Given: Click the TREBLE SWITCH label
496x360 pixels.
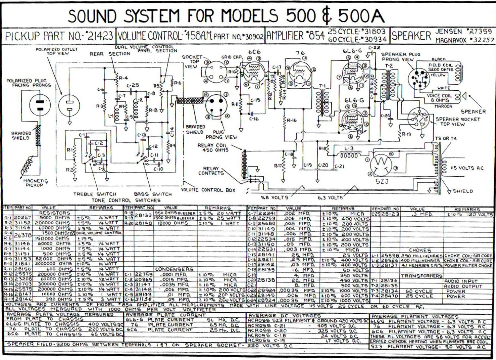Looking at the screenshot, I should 95,194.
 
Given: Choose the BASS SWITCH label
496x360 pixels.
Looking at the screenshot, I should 153,194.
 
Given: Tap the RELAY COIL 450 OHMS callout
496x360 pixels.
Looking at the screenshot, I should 215,148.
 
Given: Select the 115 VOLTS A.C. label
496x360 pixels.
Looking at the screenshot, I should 467,168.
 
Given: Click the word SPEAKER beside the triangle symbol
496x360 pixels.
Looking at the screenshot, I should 473,111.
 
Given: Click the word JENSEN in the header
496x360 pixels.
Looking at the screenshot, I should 448,32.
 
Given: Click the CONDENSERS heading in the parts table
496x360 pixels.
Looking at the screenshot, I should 174,269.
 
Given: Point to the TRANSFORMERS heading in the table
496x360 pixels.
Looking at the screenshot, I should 421,276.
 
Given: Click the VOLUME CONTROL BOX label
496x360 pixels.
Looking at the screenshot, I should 208,190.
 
